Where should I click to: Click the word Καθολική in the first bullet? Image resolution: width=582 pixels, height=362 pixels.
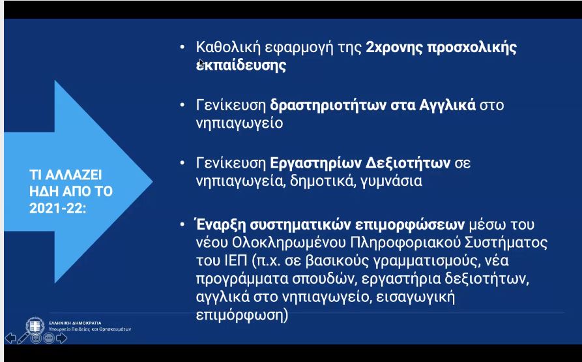pos(227,47)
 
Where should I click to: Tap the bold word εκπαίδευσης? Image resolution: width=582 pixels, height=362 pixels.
pos(241,66)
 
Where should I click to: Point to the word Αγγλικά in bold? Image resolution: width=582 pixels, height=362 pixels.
pos(447,106)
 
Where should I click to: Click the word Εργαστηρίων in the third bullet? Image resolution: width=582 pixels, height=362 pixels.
pos(315,163)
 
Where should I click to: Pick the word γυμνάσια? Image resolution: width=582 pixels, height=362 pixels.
pos(391,181)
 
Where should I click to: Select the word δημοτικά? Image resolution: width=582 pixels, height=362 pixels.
pos(323,181)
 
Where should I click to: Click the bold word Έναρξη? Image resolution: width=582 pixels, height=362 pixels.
pos(220,224)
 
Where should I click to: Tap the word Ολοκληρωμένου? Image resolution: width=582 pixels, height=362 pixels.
pos(289,243)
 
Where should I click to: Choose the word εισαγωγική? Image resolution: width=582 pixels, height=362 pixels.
pos(415,297)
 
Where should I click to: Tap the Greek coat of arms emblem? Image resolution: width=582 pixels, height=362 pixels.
pos(35,326)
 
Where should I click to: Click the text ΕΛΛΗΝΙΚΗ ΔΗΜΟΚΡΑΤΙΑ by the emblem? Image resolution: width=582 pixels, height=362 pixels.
pos(75,323)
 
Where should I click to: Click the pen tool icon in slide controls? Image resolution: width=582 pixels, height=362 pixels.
pos(23,338)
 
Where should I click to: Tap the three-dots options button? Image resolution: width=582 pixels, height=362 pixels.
pos(49,339)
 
